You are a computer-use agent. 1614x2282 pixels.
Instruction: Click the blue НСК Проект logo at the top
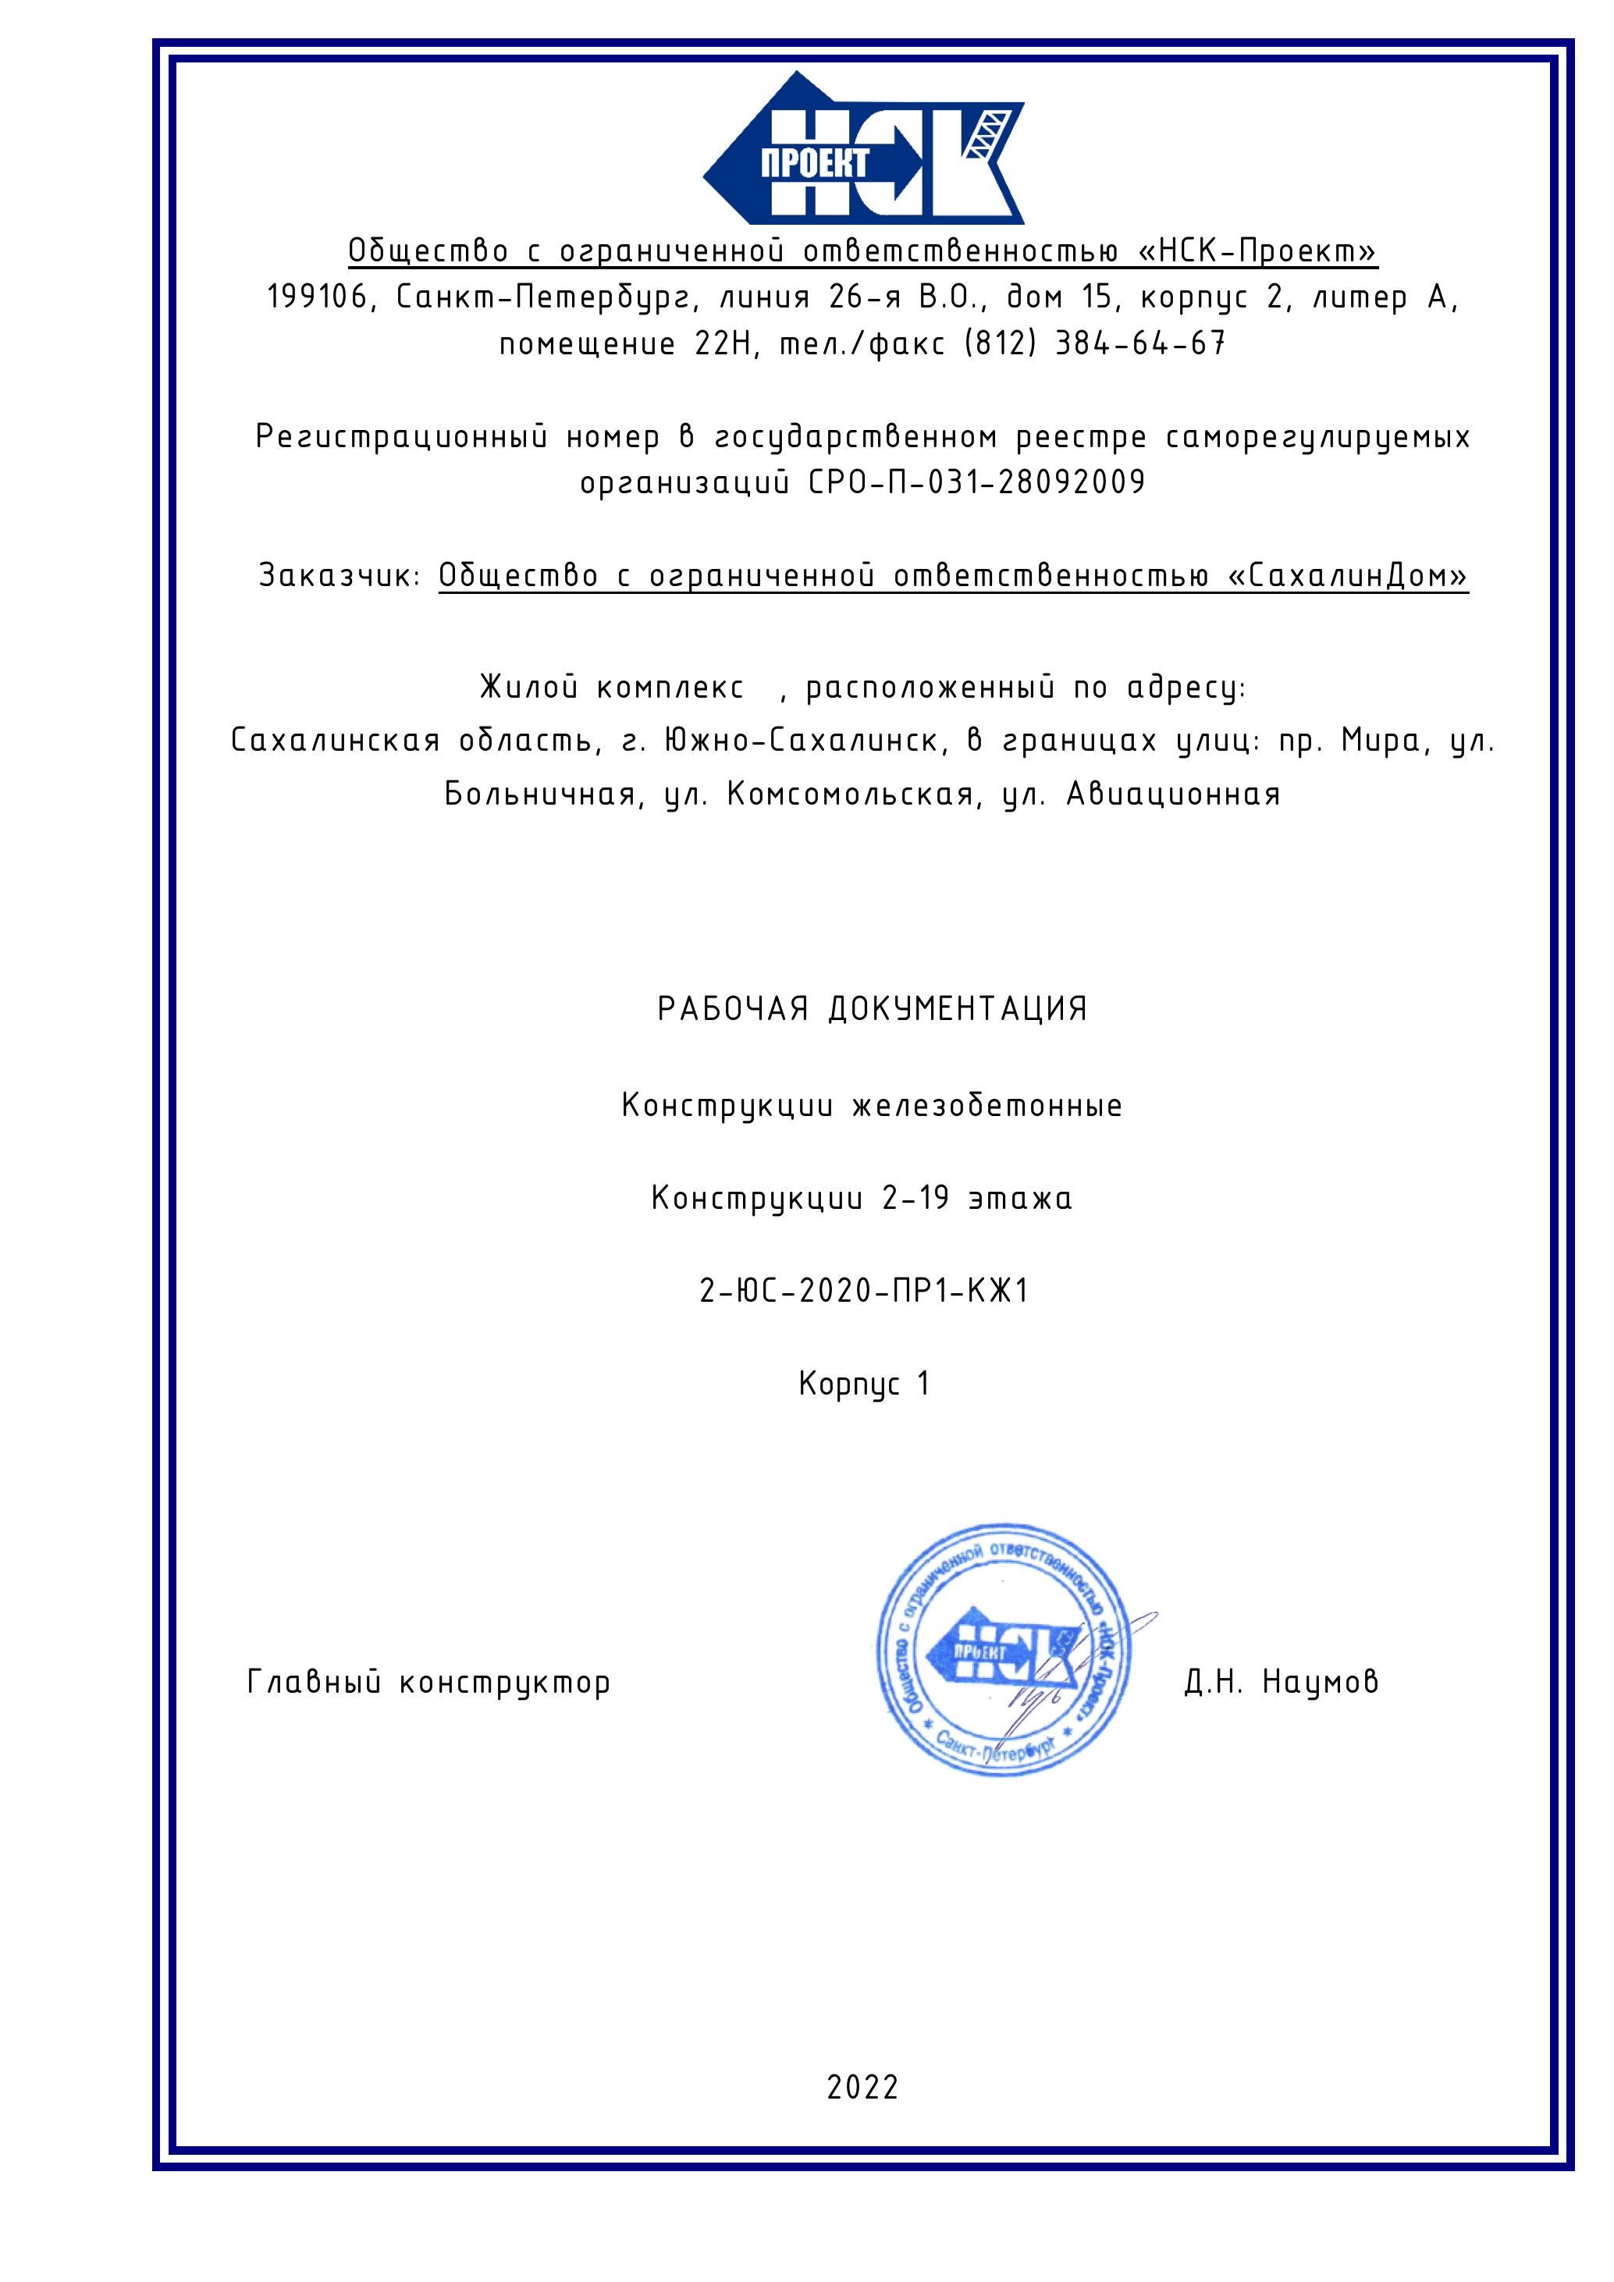click(862, 149)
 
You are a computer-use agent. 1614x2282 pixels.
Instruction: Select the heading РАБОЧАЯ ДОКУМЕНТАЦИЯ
click(872, 1010)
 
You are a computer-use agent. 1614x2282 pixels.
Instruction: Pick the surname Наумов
click(1320, 1682)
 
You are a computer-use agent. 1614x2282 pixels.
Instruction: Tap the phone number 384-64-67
click(1139, 344)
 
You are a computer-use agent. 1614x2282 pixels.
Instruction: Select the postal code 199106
click(317, 297)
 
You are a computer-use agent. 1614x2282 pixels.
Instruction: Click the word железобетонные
click(987, 1105)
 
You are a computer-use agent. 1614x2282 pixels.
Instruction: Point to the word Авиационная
click(1173, 794)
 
